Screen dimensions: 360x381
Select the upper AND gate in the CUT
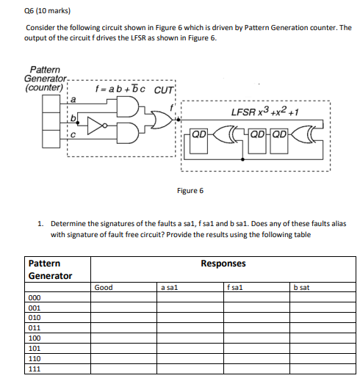tap(127, 106)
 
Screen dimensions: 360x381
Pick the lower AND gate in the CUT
tap(127, 133)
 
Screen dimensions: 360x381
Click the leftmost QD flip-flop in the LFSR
tap(199, 142)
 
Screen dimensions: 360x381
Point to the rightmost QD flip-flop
tap(279, 142)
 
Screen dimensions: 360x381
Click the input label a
tap(73, 100)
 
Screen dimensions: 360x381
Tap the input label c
tap(73, 135)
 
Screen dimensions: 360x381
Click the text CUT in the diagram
tap(164, 90)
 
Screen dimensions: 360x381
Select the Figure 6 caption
tap(190, 191)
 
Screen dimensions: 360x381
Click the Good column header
tap(104, 287)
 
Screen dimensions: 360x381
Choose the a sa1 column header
tap(169, 288)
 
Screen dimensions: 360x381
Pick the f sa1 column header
tap(235, 287)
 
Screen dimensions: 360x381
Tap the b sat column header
tap(301, 288)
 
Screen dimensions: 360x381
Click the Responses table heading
tap(223, 264)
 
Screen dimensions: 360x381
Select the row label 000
tap(35, 298)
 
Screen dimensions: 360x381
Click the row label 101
tap(35, 349)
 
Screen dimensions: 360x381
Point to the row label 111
tap(35, 369)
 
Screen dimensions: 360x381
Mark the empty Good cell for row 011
tap(123, 328)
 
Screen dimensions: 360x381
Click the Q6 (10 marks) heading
tap(47, 11)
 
